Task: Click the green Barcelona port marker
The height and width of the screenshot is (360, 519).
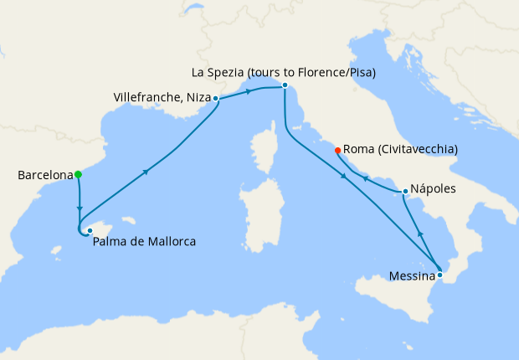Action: [x=78, y=175]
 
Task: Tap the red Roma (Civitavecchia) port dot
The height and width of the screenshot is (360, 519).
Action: [x=337, y=151]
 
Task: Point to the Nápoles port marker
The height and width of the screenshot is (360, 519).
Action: [x=405, y=192]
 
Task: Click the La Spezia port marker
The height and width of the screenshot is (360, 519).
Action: [x=285, y=85]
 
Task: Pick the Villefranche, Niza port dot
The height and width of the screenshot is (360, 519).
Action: [x=216, y=99]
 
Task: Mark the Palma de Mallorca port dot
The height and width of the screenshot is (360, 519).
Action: [x=90, y=230]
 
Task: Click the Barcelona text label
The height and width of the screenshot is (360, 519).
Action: [x=44, y=176]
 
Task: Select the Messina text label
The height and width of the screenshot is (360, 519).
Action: [x=412, y=275]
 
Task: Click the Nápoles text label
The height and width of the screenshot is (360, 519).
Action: [x=434, y=189]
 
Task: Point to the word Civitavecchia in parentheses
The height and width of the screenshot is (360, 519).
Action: [x=416, y=150]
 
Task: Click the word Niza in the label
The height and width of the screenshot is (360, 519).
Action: [x=197, y=98]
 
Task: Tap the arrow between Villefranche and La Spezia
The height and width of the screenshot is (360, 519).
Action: [x=248, y=91]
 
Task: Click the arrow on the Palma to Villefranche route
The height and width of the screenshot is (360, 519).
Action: [x=146, y=172]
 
